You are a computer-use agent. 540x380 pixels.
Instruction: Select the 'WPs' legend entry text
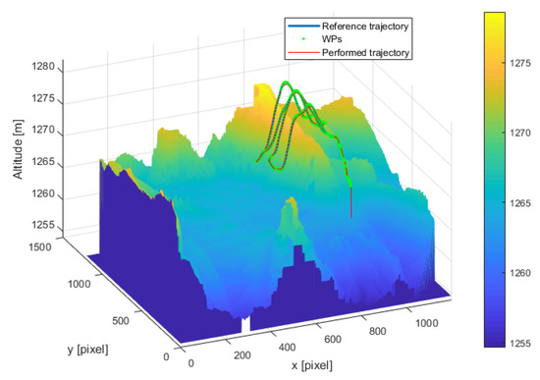click(334, 35)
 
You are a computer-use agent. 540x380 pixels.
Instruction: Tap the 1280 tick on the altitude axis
click(45, 71)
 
